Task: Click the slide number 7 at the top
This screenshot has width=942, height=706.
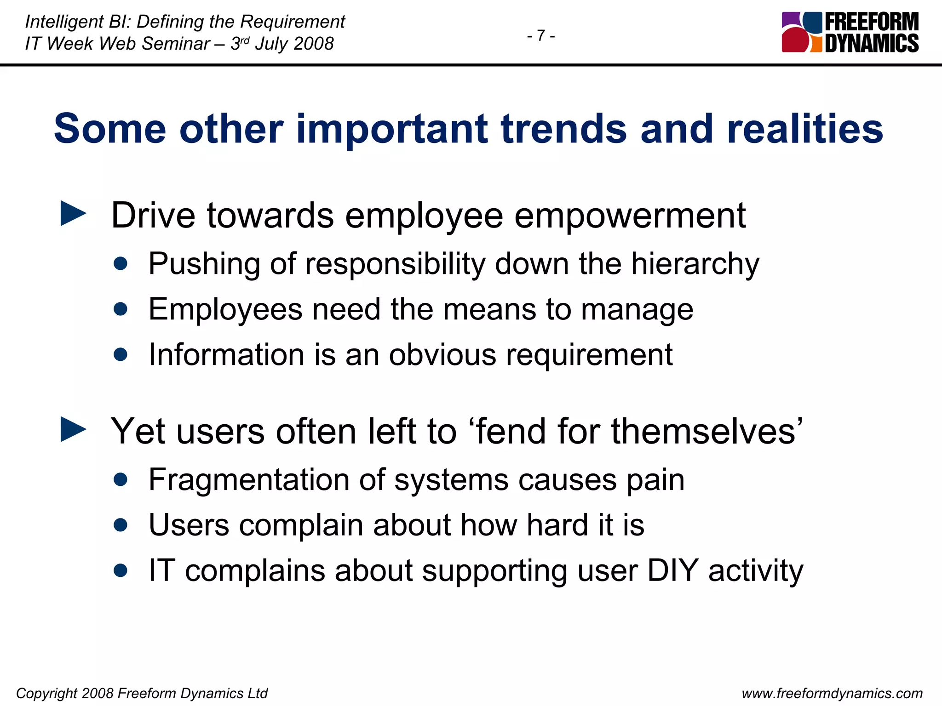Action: pyautogui.click(x=541, y=35)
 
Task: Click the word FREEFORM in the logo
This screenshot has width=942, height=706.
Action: pyautogui.click(x=872, y=22)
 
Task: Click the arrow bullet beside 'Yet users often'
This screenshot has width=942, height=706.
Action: pyautogui.click(x=74, y=429)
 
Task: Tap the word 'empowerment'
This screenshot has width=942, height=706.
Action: pyautogui.click(x=630, y=216)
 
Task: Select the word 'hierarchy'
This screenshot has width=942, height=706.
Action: pyautogui.click(x=695, y=264)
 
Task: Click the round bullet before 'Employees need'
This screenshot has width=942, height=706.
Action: pyautogui.click(x=121, y=309)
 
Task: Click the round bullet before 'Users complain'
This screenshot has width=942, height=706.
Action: pyautogui.click(x=121, y=525)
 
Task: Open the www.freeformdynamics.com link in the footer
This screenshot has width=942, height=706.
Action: pyautogui.click(x=832, y=693)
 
